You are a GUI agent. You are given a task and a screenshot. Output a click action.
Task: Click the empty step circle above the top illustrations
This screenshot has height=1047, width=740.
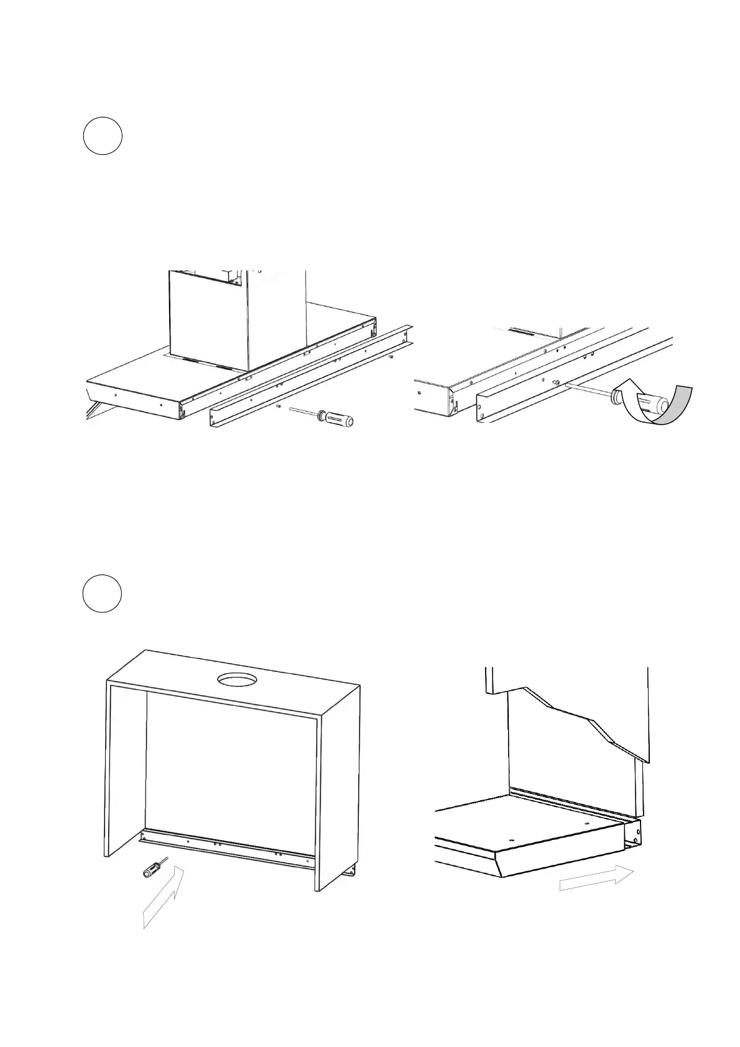pyautogui.click(x=103, y=136)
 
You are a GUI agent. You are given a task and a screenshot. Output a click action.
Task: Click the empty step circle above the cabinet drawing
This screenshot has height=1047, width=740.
pyautogui.click(x=103, y=594)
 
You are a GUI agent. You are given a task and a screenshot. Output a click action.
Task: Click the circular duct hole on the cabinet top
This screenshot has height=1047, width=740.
pyautogui.click(x=236, y=680)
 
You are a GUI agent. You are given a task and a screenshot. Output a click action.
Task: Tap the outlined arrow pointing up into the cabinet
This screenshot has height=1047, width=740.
pyautogui.click(x=164, y=899)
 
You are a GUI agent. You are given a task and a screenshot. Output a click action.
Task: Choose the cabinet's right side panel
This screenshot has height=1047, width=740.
pyautogui.click(x=338, y=790)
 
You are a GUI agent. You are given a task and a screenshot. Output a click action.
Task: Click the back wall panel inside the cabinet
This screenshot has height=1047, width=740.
pyautogui.click(x=230, y=765)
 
